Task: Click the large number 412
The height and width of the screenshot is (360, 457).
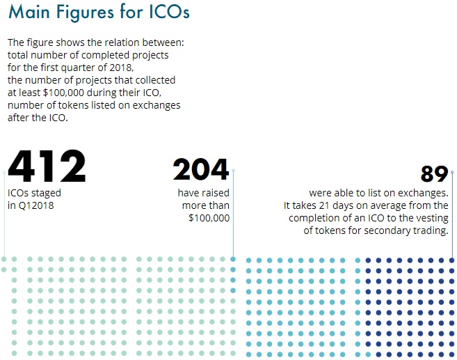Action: pos(47,167)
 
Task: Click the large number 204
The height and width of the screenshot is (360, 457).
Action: pos(201,169)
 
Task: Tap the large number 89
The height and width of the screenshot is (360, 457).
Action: pos(435,174)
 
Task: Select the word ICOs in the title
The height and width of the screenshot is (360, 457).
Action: pos(166,13)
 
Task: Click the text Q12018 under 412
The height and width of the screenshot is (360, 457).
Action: pos(36,205)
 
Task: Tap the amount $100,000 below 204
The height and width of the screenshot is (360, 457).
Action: pos(209,218)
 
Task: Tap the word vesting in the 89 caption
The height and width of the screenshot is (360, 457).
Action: pos(433,218)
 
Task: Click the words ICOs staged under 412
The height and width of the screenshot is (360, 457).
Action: pos(34,193)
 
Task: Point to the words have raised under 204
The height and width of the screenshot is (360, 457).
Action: pos(204,193)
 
